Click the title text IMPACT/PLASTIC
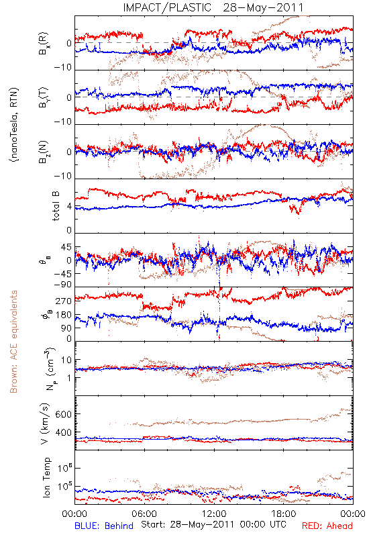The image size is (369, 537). click(x=167, y=7)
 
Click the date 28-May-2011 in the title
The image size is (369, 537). click(x=263, y=7)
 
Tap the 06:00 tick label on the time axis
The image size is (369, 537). click(x=144, y=514)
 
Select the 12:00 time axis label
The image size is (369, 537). click(x=214, y=514)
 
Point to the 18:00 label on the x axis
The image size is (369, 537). click(x=284, y=514)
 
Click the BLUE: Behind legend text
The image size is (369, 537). click(x=104, y=526)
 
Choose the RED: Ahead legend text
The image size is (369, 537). click(x=327, y=526)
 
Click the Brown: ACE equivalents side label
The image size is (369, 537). click(x=13, y=342)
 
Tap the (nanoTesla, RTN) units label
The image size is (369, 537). click(x=14, y=125)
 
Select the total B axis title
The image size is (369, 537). click(x=56, y=205)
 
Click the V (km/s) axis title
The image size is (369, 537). click(x=45, y=424)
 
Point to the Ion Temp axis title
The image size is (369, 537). click(x=46, y=477)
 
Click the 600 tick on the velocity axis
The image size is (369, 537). click(x=63, y=414)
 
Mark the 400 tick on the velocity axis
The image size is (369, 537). click(x=63, y=432)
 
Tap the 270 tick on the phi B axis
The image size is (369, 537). click(x=63, y=301)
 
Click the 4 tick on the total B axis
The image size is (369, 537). click(x=69, y=207)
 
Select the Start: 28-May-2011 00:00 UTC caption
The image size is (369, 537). click(x=213, y=524)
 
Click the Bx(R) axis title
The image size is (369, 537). click(x=43, y=44)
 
